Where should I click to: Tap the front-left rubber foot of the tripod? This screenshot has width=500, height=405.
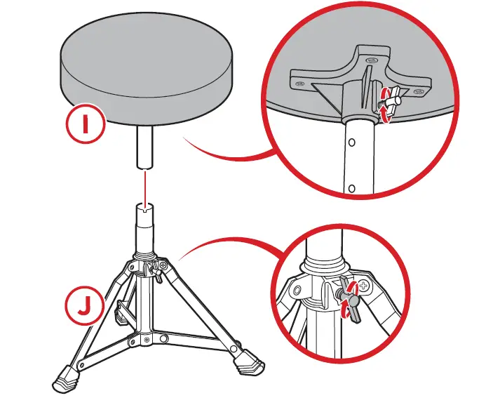(65, 381)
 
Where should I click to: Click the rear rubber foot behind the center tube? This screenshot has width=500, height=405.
(121, 314)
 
